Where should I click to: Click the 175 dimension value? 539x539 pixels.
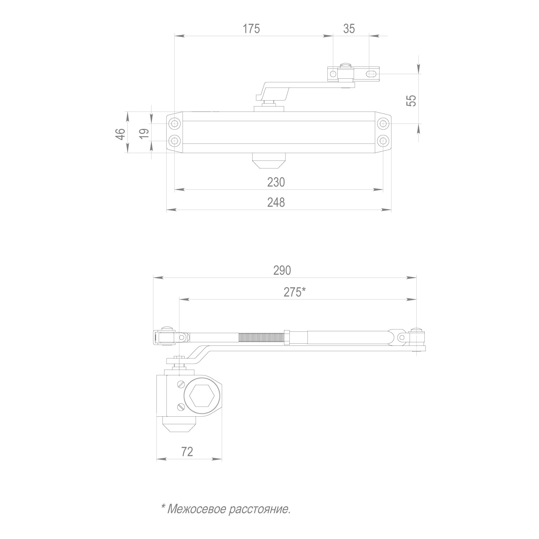(x=251, y=29)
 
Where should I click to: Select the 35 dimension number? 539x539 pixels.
(x=349, y=29)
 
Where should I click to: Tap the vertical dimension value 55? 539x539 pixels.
(x=411, y=101)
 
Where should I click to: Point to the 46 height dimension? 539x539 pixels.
(x=120, y=134)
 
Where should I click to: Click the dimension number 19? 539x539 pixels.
(x=144, y=134)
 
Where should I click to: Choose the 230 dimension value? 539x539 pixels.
(x=276, y=182)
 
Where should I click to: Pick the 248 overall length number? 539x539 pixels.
(x=276, y=202)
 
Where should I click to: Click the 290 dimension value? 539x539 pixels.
(x=282, y=270)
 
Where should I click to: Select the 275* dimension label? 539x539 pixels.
(x=295, y=292)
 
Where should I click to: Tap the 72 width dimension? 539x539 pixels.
(x=187, y=451)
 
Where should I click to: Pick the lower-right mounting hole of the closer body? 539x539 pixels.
(x=383, y=140)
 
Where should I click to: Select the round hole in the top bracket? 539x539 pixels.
(x=333, y=74)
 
